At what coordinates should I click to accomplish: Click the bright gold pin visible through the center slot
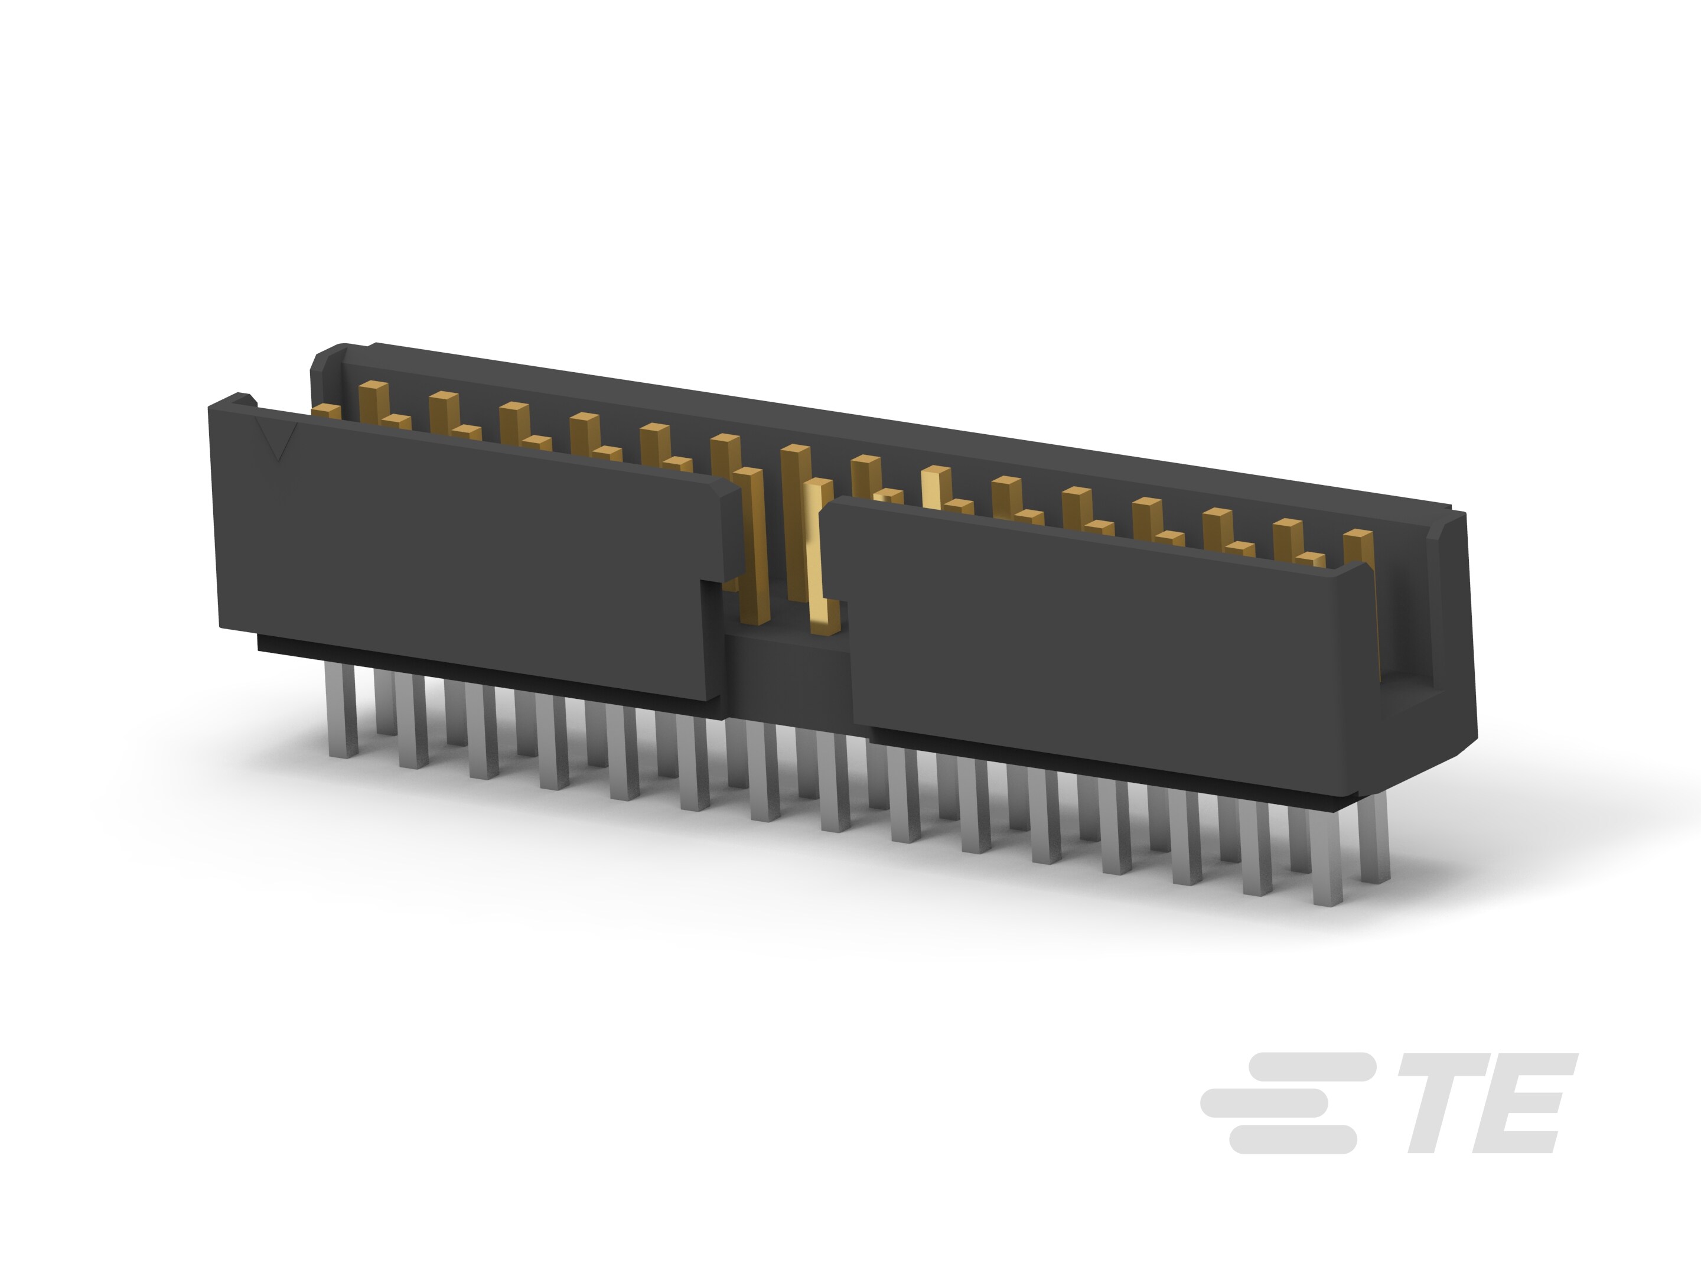[x=820, y=554]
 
